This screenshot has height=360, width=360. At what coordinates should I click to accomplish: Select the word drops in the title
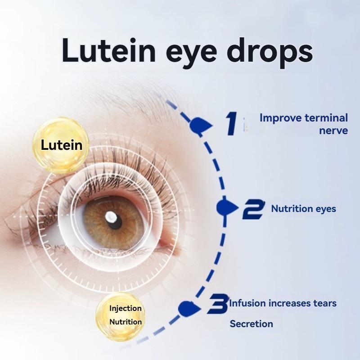[270, 52]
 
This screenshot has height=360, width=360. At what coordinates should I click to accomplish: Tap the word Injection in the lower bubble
[126, 308]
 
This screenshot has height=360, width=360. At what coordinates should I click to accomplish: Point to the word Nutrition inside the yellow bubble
[126, 322]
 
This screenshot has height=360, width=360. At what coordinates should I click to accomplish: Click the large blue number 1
[231, 123]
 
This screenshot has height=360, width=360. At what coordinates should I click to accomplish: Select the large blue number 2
[253, 209]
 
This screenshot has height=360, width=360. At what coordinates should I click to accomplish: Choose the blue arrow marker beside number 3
[189, 308]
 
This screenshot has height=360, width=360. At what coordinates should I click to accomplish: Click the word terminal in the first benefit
[326, 118]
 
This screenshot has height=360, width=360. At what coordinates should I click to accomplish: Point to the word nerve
[333, 131]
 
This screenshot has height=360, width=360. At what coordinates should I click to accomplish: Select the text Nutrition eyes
[303, 209]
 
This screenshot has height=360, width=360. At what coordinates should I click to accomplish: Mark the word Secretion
[252, 324]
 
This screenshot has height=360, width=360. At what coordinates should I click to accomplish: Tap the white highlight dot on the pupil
[110, 216]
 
